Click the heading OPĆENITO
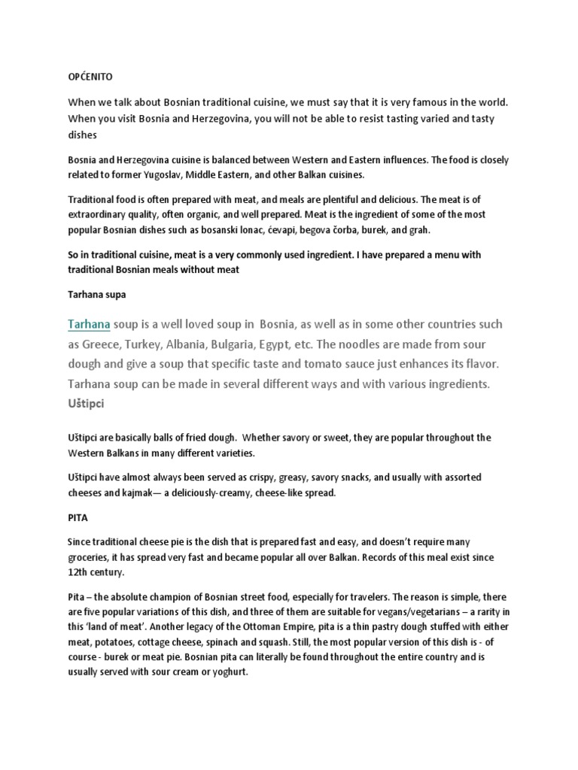coord(91,77)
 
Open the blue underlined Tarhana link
coord(90,324)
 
